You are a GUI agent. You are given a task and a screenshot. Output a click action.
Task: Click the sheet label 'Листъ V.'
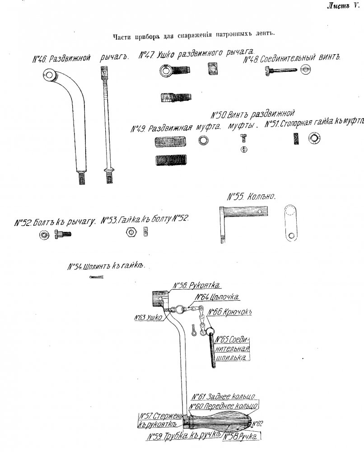[343, 6]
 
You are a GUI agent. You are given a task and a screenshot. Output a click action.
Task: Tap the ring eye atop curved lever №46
[50, 75]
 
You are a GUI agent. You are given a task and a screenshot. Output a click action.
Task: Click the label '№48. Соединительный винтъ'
[292, 58]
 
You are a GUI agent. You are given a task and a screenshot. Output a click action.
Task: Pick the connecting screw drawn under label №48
[281, 71]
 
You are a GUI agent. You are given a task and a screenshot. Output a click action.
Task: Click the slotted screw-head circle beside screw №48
[306, 70]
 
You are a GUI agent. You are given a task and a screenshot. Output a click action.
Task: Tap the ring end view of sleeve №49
[203, 140]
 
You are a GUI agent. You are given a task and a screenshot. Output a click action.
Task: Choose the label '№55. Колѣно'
[252, 197]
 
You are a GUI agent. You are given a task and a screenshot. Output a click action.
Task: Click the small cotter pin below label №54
[96, 278]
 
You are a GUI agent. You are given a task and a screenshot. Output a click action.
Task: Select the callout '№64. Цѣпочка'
[217, 297]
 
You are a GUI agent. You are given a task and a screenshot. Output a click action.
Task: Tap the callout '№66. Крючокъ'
[230, 312]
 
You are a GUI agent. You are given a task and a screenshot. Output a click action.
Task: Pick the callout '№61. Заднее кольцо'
[224, 397]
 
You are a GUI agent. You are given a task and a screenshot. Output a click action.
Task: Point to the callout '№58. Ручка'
[240, 436]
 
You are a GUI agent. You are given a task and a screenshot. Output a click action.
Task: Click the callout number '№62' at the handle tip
[257, 424]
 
